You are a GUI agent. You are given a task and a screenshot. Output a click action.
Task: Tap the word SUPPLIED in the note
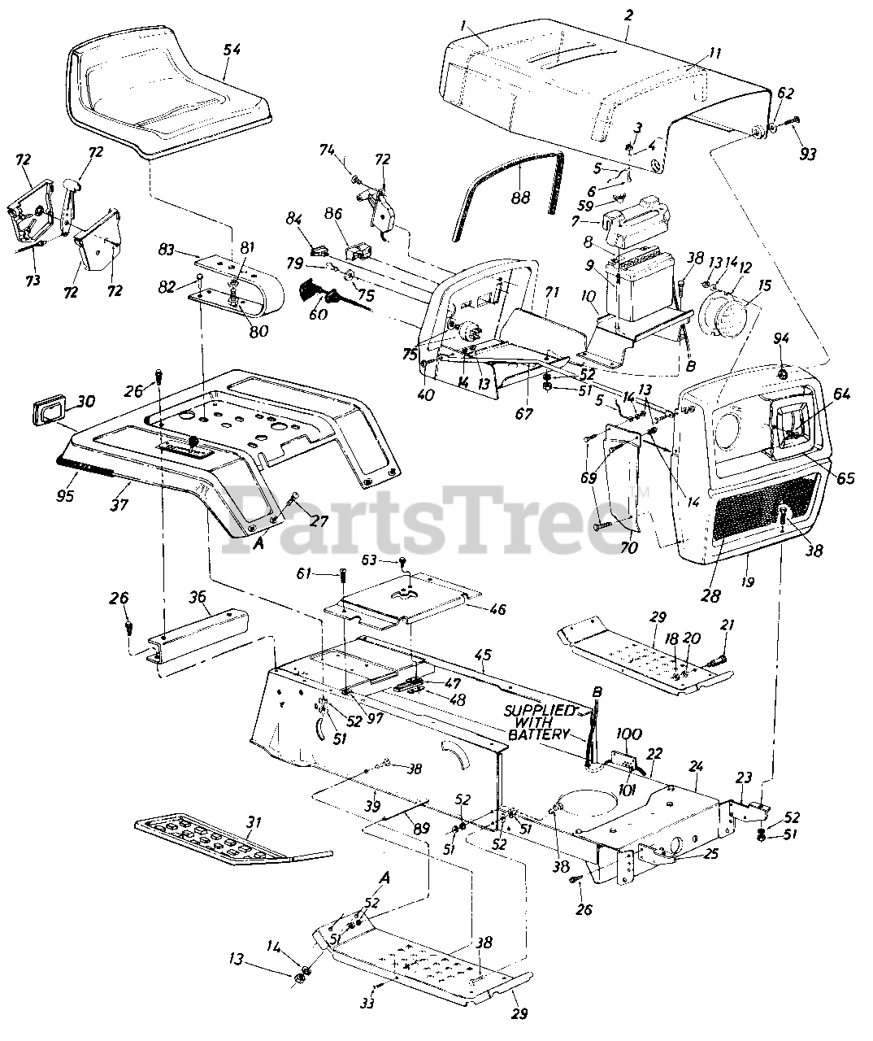tap(538, 710)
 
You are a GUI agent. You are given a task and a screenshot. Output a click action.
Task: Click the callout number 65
tap(845, 478)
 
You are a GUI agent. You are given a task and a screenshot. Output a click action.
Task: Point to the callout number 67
tap(524, 414)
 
